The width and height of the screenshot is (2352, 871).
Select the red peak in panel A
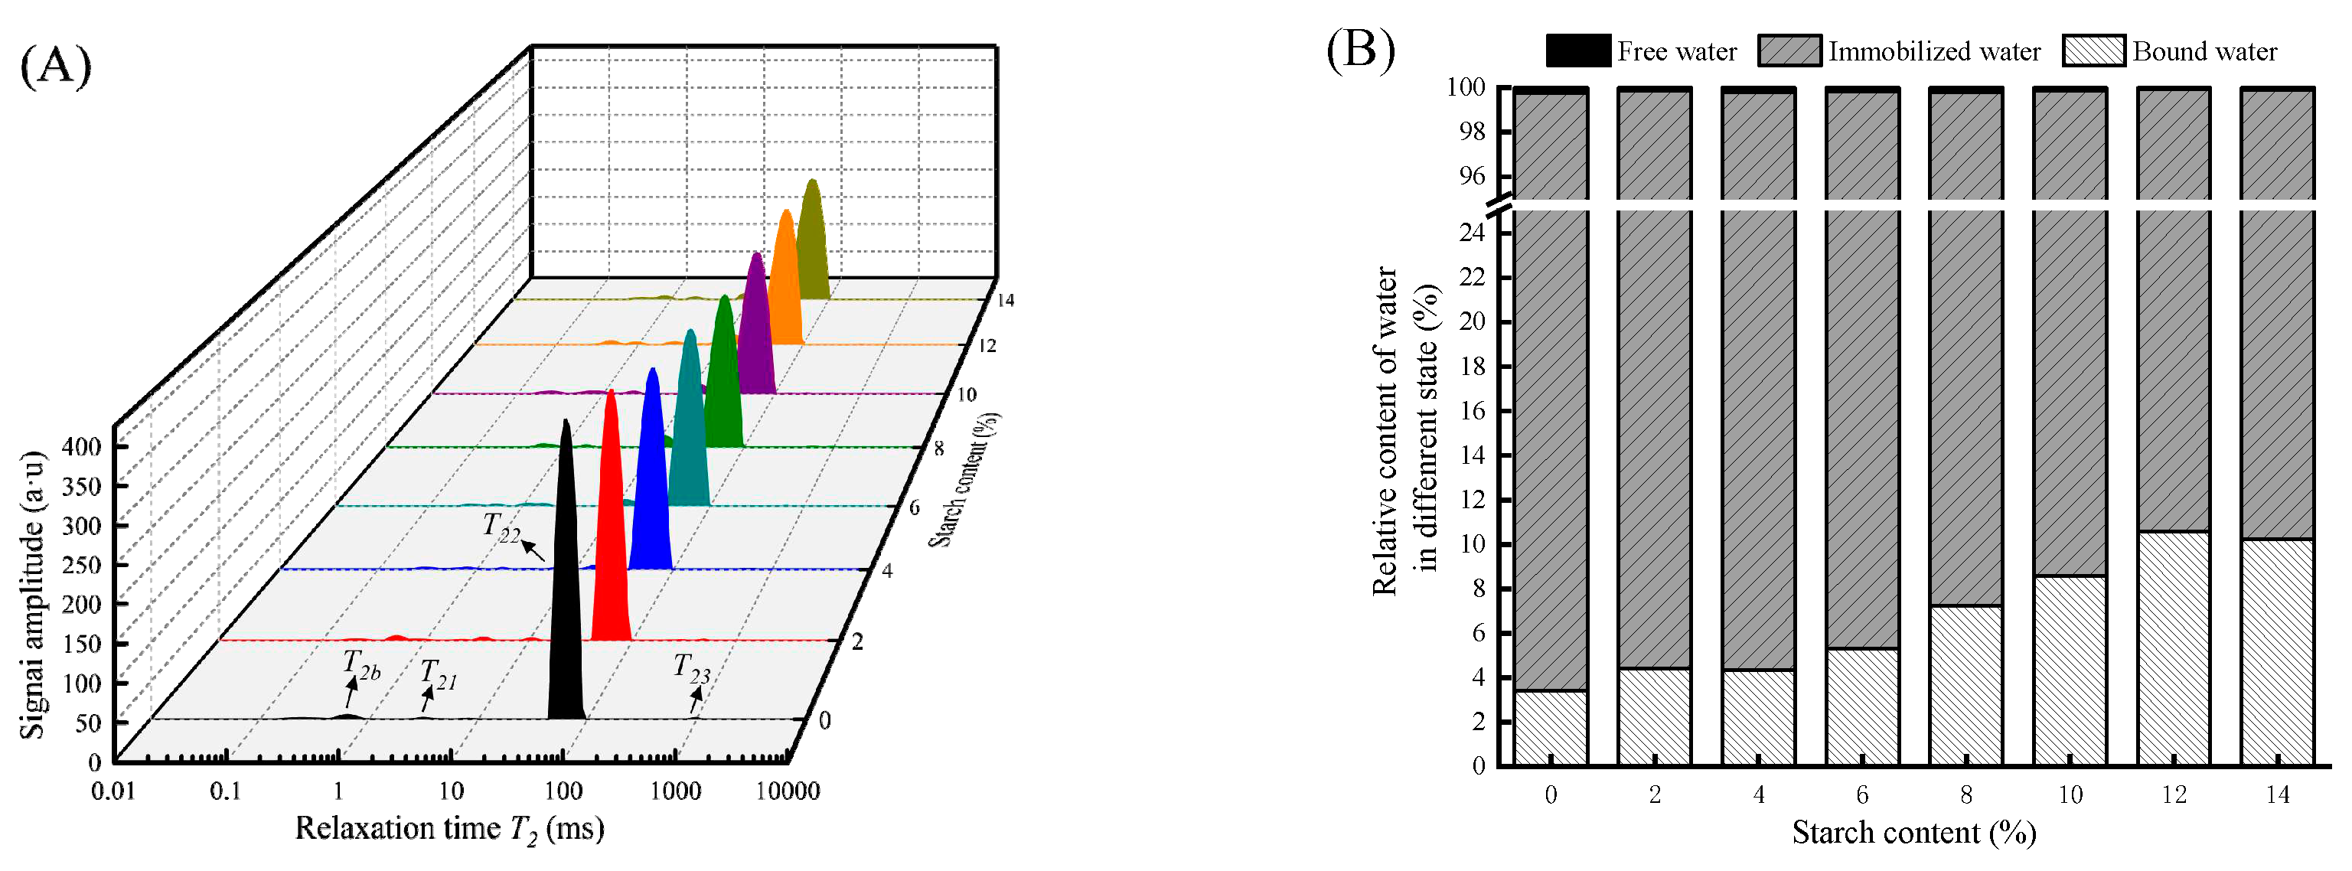611,539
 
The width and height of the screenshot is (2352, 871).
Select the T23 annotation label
691,669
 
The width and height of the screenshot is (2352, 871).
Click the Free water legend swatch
1577,51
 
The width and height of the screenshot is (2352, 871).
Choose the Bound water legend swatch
2093,51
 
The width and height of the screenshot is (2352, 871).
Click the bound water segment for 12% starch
2173,648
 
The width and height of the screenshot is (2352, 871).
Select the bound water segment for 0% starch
1551,728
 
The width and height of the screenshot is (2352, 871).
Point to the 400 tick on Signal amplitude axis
81,446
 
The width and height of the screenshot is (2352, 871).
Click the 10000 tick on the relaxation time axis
787,791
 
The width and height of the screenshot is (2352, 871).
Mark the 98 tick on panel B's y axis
1472,132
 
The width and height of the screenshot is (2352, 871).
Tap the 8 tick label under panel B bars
1965,795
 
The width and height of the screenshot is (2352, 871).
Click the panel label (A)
56,66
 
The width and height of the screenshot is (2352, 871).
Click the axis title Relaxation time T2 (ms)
449,829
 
